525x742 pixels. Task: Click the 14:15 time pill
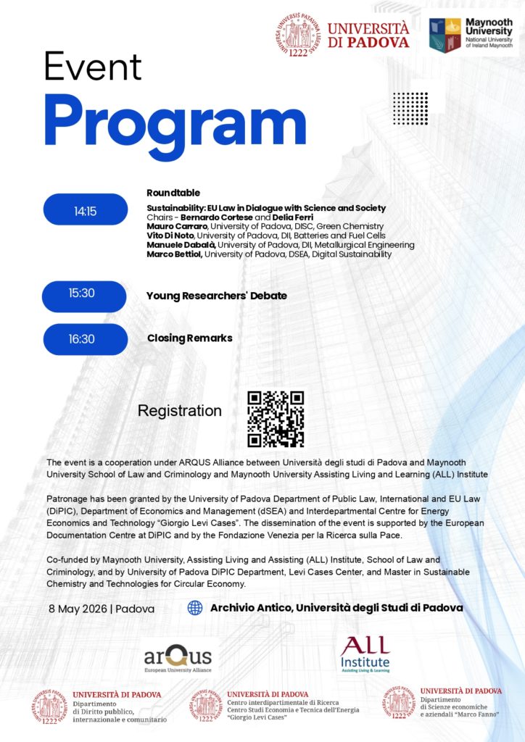(86, 210)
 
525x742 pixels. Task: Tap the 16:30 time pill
(86, 338)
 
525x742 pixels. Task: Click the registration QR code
(276, 419)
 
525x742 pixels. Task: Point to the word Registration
(180, 411)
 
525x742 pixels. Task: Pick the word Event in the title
(91, 67)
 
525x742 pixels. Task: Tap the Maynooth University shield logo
(445, 36)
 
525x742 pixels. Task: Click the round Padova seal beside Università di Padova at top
(297, 36)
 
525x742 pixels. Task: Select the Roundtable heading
(173, 193)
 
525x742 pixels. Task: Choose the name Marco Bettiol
(171, 254)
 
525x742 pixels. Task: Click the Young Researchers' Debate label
(217, 296)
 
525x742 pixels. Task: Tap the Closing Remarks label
(190, 338)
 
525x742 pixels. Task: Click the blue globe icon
(195, 608)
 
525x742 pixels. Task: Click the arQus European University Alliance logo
(178, 659)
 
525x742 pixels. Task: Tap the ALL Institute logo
(365, 654)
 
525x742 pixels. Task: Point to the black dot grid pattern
(410, 109)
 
